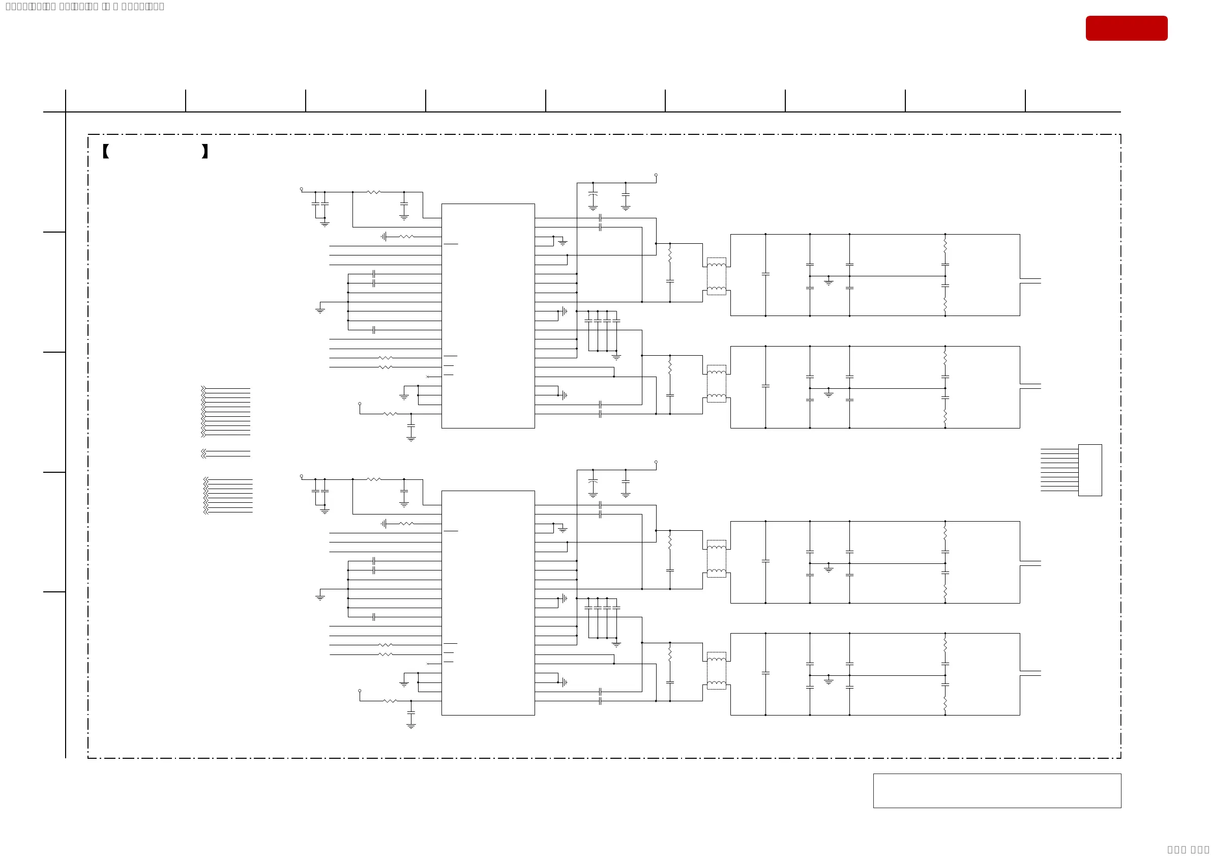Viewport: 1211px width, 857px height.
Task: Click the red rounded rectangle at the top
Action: click(1126, 28)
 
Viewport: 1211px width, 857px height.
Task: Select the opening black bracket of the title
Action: click(105, 152)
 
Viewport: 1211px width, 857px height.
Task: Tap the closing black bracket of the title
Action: click(204, 152)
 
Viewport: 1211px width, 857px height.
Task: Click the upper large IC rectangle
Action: click(488, 316)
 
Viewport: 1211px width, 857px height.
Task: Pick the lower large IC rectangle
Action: click(488, 603)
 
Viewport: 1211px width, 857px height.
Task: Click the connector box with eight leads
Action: click(1089, 470)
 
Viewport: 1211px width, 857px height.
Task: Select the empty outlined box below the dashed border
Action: click(997, 790)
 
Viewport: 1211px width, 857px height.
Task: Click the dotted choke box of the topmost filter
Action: click(716, 276)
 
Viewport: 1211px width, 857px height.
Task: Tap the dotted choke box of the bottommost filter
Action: click(716, 670)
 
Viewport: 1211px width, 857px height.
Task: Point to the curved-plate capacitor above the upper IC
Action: click(593, 195)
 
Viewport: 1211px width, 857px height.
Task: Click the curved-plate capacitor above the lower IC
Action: click(593, 482)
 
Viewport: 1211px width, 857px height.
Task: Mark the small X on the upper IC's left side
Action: click(427, 376)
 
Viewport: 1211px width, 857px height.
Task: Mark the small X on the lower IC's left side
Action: click(427, 663)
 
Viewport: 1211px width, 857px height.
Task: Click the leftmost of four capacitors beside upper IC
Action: click(588, 321)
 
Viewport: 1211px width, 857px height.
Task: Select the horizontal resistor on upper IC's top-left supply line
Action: click(373, 192)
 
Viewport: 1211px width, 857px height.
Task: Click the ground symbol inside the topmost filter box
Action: click(829, 282)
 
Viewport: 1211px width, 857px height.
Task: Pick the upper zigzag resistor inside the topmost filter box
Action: click(945, 247)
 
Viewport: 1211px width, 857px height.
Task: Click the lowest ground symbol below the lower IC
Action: click(411, 726)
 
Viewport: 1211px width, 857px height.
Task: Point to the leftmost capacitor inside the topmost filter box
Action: click(765, 274)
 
